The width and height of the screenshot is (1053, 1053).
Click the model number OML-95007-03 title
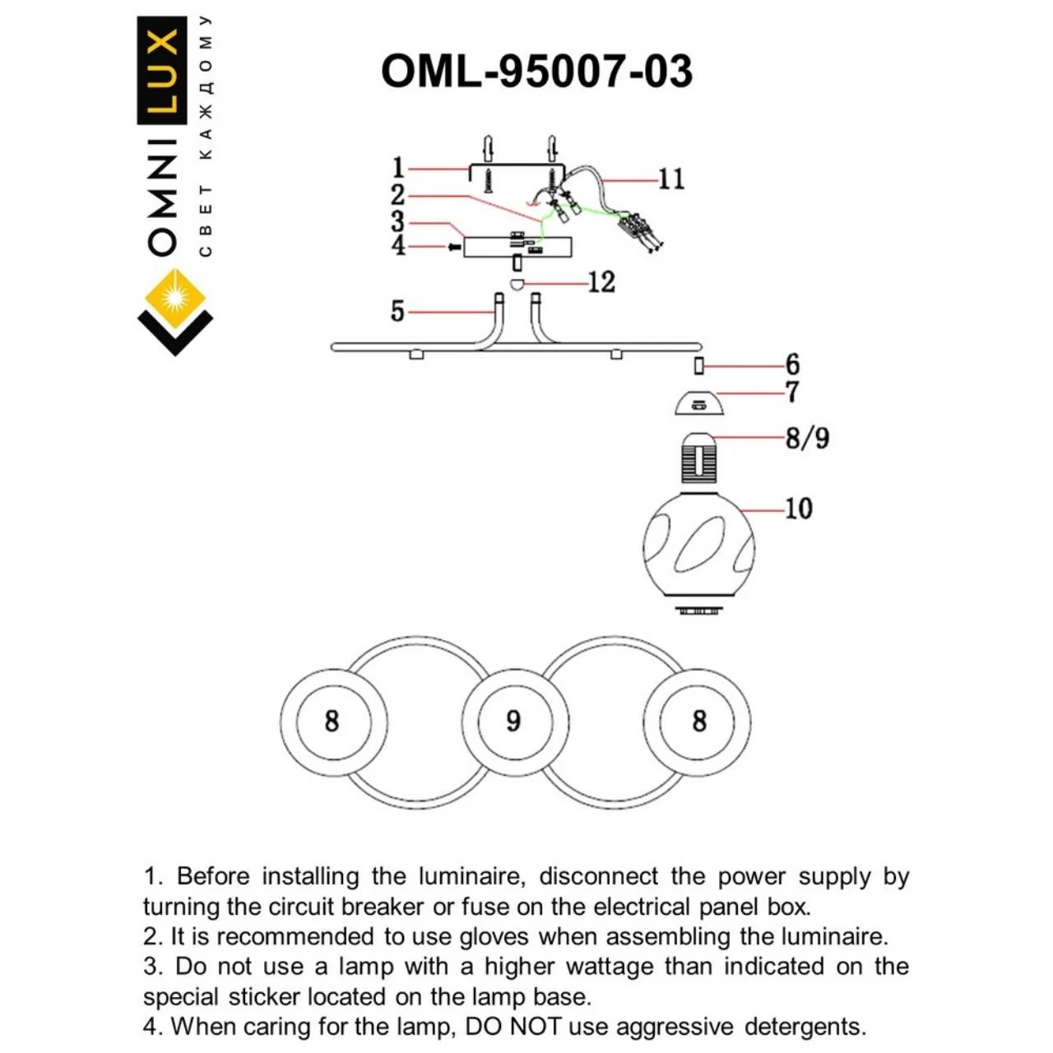(536, 72)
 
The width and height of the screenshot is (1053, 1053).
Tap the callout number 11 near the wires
(671, 179)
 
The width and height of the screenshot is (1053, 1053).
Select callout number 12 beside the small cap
(601, 282)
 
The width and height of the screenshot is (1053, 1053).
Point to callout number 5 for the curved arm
(397, 312)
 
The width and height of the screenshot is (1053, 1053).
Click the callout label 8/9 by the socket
(807, 438)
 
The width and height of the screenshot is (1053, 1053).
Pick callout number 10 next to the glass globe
(798, 508)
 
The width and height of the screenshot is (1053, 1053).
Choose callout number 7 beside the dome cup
(792, 392)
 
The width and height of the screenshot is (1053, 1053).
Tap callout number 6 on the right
(792, 364)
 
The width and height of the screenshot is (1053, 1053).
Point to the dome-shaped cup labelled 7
(698, 404)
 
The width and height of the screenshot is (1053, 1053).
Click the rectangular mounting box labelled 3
(517, 246)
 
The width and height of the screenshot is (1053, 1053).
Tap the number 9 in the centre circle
(513, 721)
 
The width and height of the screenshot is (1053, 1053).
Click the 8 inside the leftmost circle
(332, 721)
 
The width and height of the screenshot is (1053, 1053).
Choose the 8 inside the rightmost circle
(698, 721)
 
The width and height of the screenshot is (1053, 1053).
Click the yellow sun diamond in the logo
(175, 297)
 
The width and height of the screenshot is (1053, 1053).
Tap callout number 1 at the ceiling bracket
(398, 169)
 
